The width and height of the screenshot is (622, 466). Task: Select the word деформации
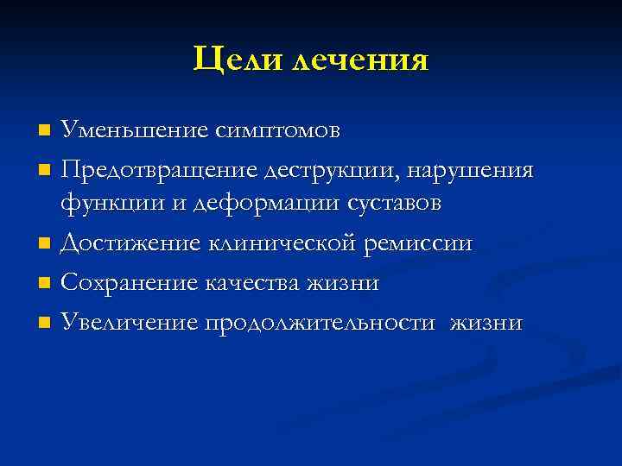(x=239, y=205)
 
